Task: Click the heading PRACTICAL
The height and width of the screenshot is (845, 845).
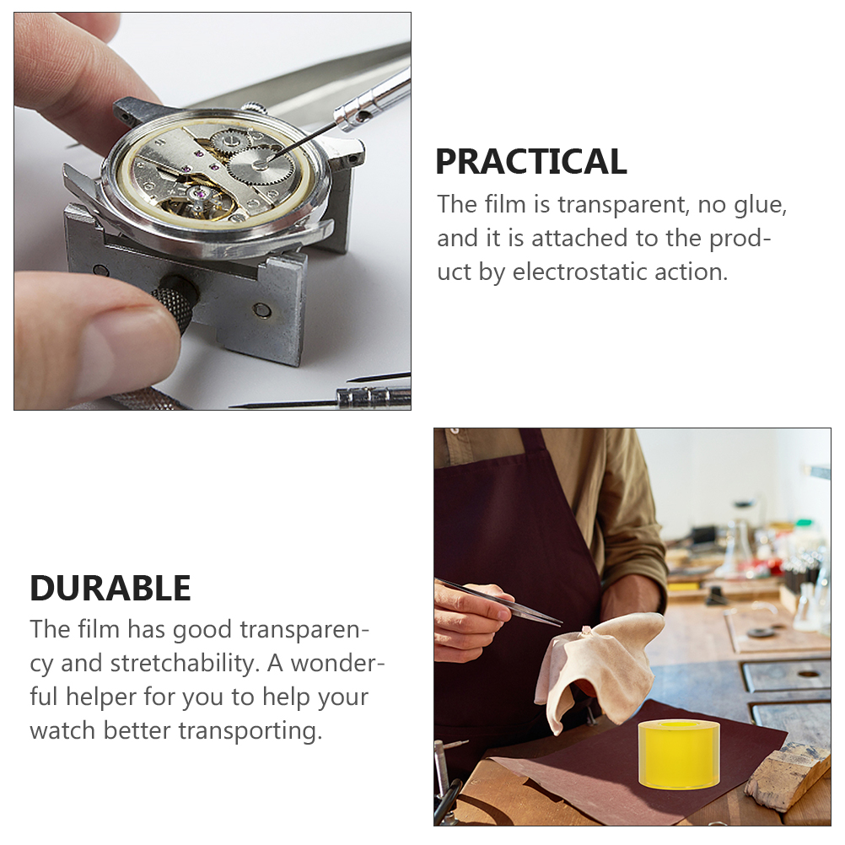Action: [x=530, y=161]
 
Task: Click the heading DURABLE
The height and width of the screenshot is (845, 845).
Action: [x=110, y=588]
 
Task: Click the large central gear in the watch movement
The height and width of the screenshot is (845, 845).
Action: [x=260, y=165]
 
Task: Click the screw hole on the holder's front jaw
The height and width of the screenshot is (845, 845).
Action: [x=262, y=310]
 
